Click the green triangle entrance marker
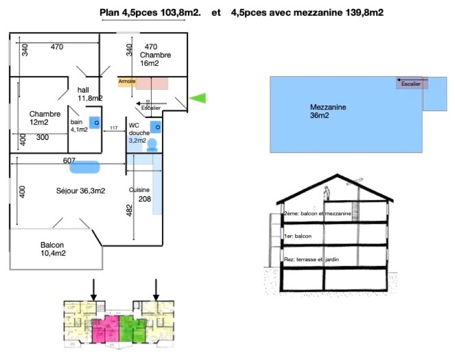(x=198, y=98)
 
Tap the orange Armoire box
(x=127, y=82)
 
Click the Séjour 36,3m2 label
(x=81, y=191)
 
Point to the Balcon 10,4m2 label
(x=52, y=249)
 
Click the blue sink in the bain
(x=95, y=122)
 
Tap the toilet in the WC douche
(x=152, y=145)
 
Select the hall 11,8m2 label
(x=89, y=94)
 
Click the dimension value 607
(x=70, y=160)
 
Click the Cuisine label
(x=140, y=190)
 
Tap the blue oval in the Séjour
(x=85, y=167)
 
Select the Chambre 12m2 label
(x=45, y=118)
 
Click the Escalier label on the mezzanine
(x=410, y=84)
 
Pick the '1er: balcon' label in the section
(x=298, y=236)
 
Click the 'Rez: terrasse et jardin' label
(x=310, y=260)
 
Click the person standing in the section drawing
(x=326, y=193)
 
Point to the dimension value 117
(x=113, y=129)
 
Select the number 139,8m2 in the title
(x=365, y=13)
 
